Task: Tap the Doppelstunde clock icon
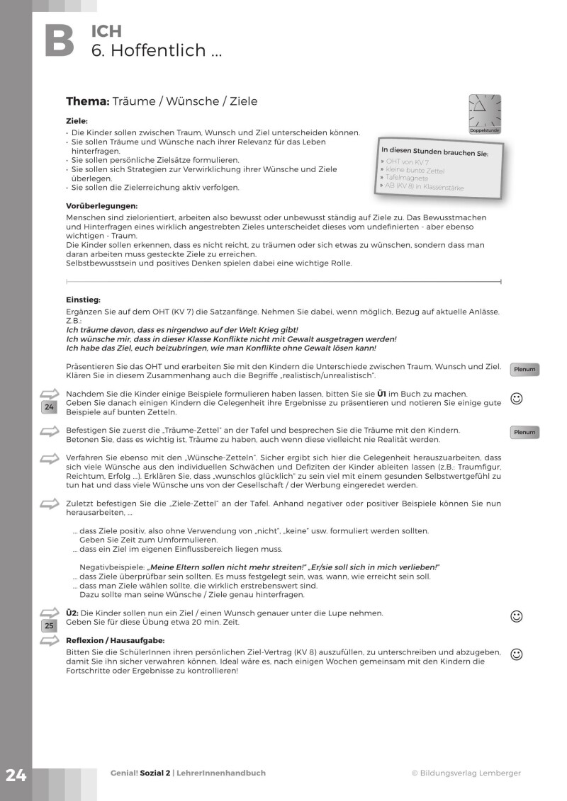[x=485, y=112]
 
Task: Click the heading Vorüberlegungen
[x=101, y=206]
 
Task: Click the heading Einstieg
[x=83, y=300]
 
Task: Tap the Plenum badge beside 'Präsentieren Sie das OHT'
[x=524, y=369]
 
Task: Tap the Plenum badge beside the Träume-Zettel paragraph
[x=524, y=432]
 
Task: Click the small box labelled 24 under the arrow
[x=49, y=407]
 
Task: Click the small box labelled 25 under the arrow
[x=49, y=625]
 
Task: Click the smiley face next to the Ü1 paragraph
[x=517, y=399]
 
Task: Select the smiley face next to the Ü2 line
[x=517, y=617]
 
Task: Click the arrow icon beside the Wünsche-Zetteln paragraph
[x=49, y=459]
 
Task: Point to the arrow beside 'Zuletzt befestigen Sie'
[x=49, y=504]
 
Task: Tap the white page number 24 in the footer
[x=16, y=775]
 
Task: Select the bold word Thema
[x=87, y=101]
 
